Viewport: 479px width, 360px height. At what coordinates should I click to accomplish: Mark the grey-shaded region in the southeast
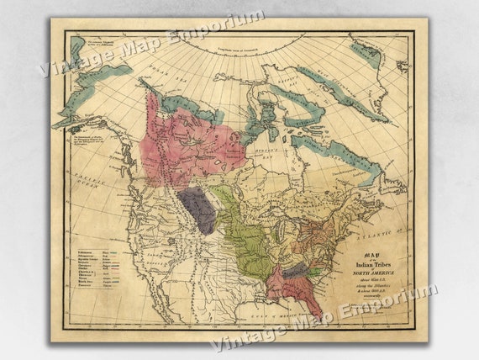tap(294, 272)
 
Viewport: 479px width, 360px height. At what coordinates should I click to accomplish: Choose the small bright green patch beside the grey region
tap(313, 274)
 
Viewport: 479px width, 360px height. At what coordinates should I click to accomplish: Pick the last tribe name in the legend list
tap(76, 285)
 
